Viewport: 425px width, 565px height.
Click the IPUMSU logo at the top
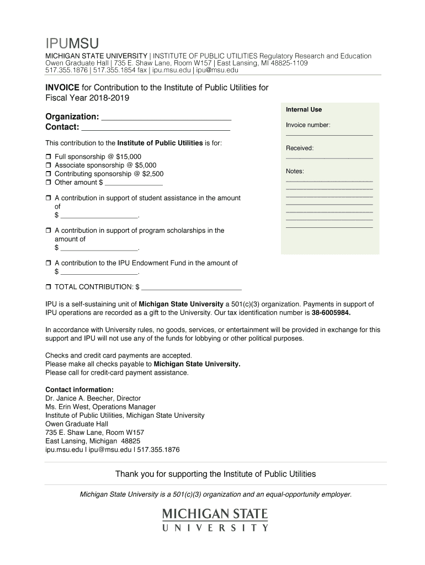(72, 43)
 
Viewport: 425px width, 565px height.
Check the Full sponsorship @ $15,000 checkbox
(48, 157)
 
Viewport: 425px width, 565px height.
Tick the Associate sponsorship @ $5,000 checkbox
(48, 166)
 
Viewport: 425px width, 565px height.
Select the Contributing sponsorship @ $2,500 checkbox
(48, 174)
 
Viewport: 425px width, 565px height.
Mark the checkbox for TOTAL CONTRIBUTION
(48, 287)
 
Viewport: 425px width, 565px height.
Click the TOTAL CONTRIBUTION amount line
(192, 288)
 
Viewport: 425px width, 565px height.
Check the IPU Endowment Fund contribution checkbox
(48, 264)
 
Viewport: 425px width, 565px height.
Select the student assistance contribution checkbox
(48, 198)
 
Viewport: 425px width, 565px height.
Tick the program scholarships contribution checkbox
(48, 231)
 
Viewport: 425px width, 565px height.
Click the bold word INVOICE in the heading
(62, 88)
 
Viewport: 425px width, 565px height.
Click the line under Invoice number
(329, 135)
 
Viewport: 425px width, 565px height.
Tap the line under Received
(329, 158)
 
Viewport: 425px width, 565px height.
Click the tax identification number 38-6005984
(331, 313)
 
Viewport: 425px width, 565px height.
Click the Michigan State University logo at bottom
(215, 520)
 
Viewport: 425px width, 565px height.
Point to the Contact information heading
(79, 390)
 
